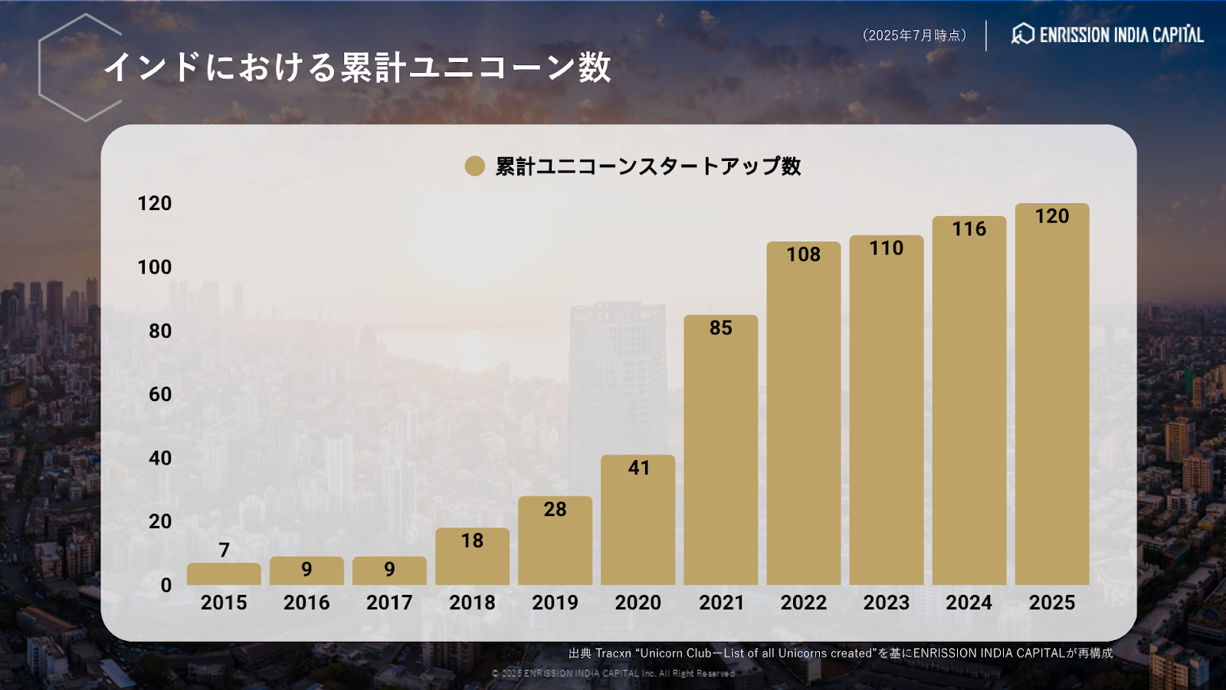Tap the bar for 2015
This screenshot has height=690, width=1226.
(x=224, y=574)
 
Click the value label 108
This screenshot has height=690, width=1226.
(x=803, y=255)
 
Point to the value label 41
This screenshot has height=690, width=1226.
(x=638, y=468)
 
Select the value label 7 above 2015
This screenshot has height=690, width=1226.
(x=224, y=550)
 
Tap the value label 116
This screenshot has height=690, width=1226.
(x=969, y=229)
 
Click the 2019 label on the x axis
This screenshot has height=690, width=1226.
(x=555, y=603)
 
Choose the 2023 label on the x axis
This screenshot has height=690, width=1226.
(x=886, y=603)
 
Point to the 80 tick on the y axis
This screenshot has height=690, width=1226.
(x=160, y=331)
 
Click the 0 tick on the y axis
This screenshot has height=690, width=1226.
(x=166, y=586)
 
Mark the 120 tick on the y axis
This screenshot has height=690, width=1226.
(x=154, y=203)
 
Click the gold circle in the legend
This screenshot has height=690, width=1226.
(x=475, y=166)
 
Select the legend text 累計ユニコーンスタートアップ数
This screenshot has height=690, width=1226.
(x=648, y=166)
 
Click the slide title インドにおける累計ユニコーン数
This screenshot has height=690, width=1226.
(x=357, y=67)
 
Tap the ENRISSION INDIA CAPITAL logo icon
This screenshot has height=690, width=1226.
(x=1023, y=34)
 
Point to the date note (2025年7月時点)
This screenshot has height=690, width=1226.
(x=914, y=35)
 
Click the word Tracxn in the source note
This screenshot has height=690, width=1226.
(x=613, y=653)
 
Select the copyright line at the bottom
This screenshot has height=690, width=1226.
(x=613, y=673)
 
